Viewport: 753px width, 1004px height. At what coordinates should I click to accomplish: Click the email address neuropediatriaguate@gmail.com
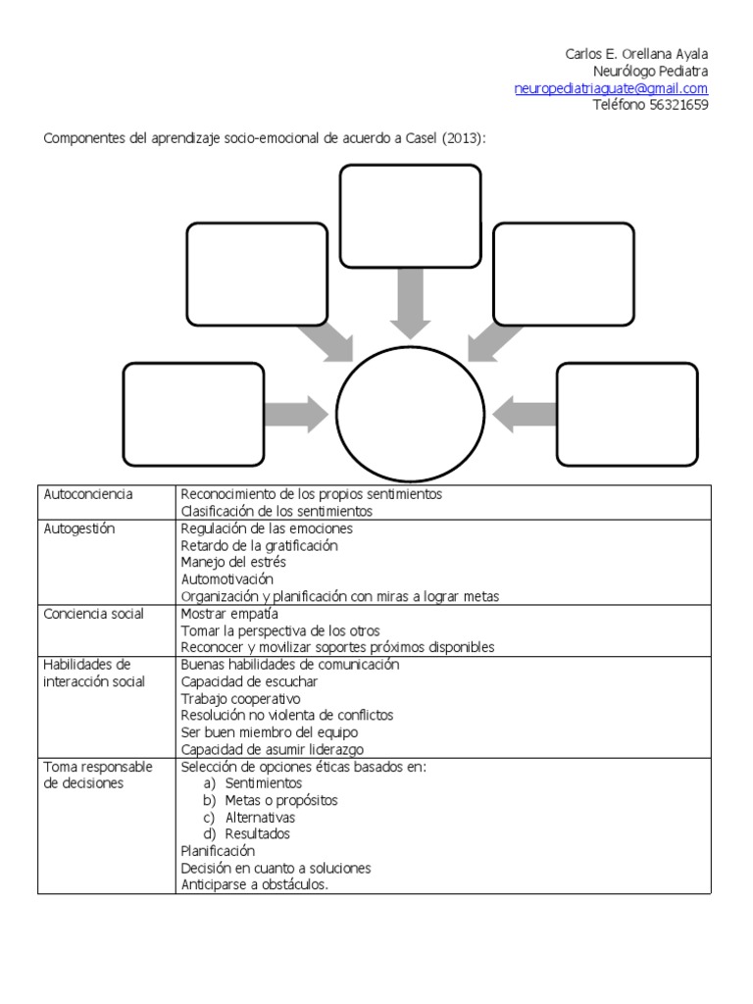(x=611, y=88)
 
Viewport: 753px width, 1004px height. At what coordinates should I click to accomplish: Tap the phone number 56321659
(x=678, y=106)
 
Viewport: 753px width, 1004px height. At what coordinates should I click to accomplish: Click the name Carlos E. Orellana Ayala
(x=636, y=54)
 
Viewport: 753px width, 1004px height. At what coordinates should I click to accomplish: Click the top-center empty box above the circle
(x=410, y=216)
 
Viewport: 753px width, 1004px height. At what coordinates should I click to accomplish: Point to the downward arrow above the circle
(x=410, y=302)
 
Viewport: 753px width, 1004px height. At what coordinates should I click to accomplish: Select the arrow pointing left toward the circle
(x=525, y=414)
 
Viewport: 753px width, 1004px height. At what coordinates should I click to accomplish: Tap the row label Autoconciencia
(x=88, y=494)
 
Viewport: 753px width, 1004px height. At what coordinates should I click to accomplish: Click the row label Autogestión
(x=79, y=528)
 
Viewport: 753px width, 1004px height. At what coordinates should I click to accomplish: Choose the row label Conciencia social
(x=94, y=614)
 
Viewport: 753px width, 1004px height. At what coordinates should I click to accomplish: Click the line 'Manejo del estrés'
(x=233, y=563)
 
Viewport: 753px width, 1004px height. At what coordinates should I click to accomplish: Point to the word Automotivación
(x=227, y=579)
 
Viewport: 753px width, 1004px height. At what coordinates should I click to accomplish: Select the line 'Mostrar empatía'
(x=229, y=614)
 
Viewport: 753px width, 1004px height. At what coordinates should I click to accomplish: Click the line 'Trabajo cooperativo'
(x=240, y=699)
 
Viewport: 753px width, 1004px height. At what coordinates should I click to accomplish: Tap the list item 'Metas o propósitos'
(x=280, y=800)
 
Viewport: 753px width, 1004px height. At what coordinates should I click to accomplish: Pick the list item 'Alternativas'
(x=260, y=818)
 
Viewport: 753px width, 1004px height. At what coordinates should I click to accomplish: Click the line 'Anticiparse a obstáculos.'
(x=255, y=885)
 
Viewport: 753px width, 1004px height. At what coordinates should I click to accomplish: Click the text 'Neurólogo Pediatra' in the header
(x=650, y=72)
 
